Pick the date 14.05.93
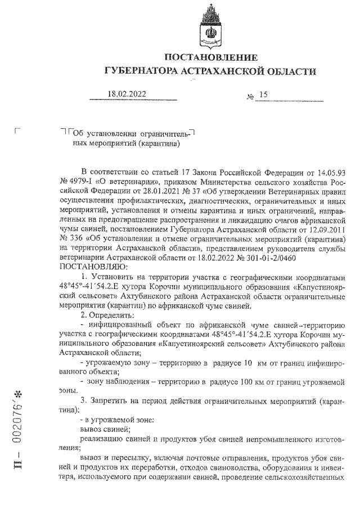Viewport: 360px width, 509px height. click(327, 171)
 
